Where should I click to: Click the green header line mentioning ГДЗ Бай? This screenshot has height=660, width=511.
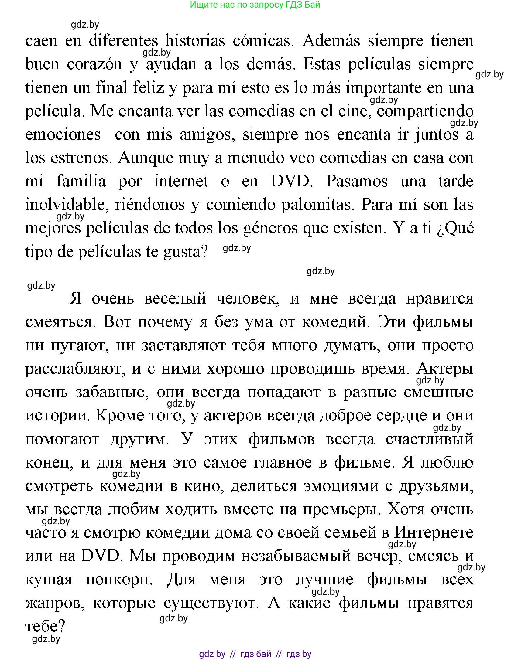tap(255, 5)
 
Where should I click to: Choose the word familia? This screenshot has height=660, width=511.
tap(81, 181)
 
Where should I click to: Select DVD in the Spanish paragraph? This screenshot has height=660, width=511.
tap(291, 181)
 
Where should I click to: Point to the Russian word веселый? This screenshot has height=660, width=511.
tap(175, 298)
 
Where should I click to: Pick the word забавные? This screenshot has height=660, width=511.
tap(112, 392)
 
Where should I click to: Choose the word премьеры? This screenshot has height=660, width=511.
tap(341, 509)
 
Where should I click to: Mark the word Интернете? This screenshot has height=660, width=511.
tap(434, 533)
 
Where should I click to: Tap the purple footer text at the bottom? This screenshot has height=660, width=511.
tap(255, 654)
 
